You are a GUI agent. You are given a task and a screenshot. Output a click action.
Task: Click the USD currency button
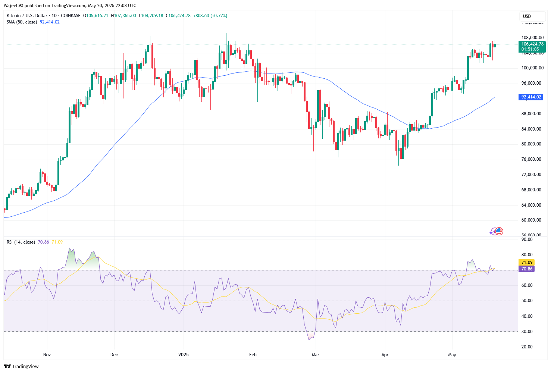527,16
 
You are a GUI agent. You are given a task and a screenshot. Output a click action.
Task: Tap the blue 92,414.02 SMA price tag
531,97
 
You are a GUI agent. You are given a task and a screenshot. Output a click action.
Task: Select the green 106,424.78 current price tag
532,44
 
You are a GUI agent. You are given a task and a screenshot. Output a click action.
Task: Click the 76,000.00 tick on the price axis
531,159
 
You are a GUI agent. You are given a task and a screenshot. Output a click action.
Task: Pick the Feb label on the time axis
253,354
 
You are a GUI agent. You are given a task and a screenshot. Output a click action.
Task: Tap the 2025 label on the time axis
184,354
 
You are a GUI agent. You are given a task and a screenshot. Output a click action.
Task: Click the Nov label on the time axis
47,354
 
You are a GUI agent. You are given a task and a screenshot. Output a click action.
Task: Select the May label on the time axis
452,354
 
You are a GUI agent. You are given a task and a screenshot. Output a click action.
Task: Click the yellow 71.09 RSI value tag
527,263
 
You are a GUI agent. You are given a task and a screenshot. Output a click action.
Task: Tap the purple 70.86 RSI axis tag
527,269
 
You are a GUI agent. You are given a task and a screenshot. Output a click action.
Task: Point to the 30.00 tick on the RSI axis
527,332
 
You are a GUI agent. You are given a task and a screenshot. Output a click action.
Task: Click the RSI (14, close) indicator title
21,242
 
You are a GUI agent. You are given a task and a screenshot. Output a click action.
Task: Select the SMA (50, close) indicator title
22,22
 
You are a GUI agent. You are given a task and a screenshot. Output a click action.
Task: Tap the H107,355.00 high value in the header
123,16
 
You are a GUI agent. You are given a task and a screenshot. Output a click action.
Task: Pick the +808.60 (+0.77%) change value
210,16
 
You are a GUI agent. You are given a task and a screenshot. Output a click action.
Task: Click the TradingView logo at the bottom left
21,366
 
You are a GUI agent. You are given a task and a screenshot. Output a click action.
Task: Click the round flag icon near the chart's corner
499,231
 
